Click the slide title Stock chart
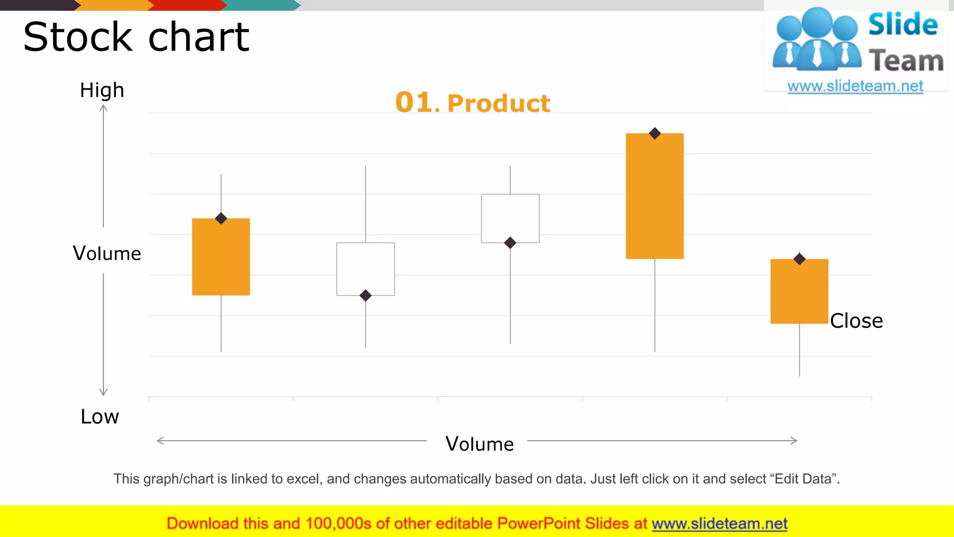click(136, 37)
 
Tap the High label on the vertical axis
click(102, 90)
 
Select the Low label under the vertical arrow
click(100, 417)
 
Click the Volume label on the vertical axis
click(107, 254)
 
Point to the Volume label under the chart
click(479, 444)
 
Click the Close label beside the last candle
click(856, 321)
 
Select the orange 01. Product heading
click(472, 103)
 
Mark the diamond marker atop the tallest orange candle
click(655, 133)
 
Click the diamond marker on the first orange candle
click(221, 218)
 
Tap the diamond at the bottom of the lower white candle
click(366, 295)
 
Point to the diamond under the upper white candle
click(510, 243)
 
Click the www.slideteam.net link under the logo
click(855, 86)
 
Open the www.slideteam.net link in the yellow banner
click(719, 523)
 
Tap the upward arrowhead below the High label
click(103, 109)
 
